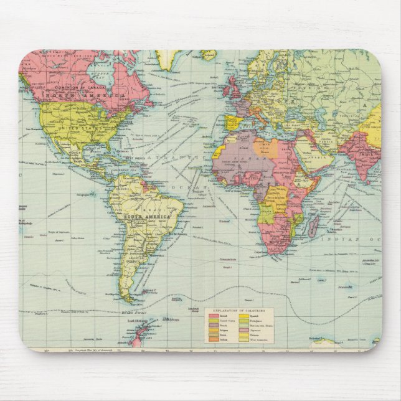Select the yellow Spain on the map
click(x=232, y=120)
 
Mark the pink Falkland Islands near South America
click(x=148, y=290)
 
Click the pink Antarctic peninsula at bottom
click(x=138, y=339)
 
